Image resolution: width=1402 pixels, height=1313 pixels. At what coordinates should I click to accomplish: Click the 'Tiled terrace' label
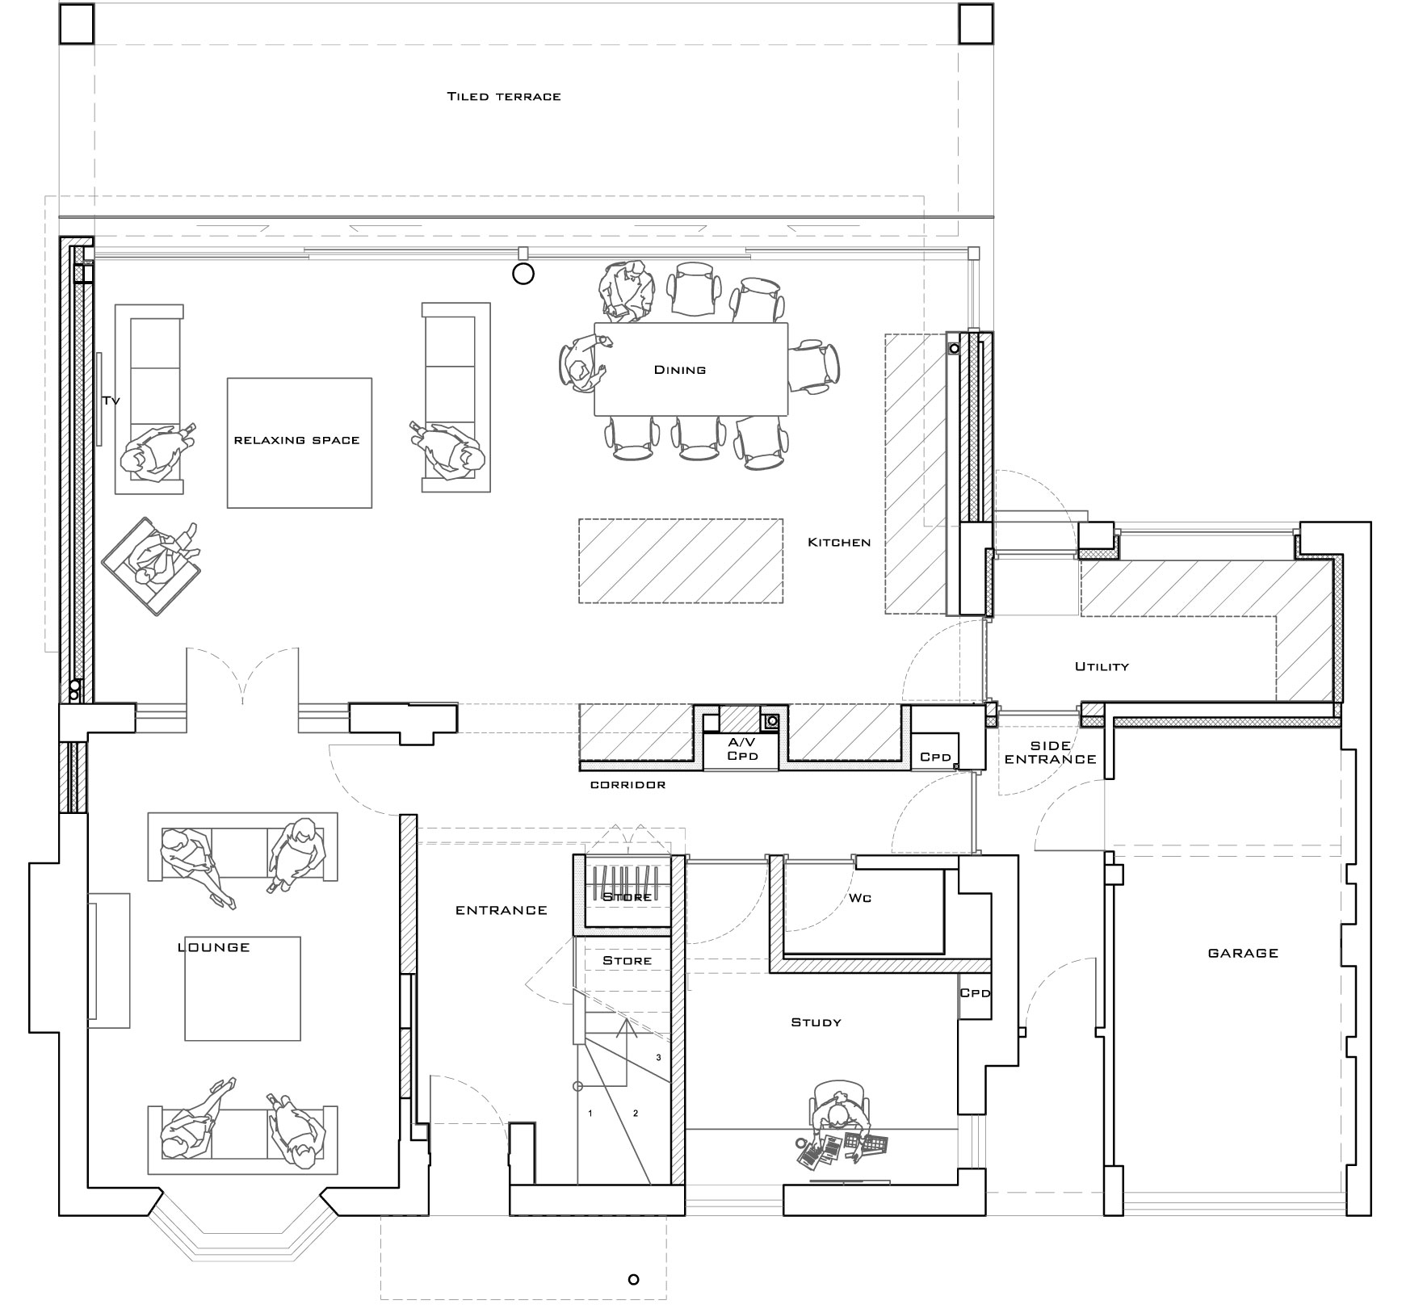pyautogui.click(x=504, y=97)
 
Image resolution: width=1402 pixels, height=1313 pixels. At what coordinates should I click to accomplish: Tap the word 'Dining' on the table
pyautogui.click(x=680, y=370)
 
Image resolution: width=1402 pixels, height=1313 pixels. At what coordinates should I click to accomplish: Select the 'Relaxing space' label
pyautogui.click(x=296, y=440)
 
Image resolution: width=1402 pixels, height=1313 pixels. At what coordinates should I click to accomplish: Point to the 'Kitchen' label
pyautogui.click(x=839, y=543)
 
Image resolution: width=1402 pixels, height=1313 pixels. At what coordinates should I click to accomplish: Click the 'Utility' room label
pyautogui.click(x=1102, y=667)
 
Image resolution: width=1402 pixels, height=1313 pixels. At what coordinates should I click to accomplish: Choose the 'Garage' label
pyautogui.click(x=1243, y=953)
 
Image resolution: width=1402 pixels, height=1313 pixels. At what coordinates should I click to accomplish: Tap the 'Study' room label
pyautogui.click(x=816, y=1022)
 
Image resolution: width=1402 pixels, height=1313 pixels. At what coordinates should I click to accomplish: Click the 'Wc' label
pyautogui.click(x=861, y=898)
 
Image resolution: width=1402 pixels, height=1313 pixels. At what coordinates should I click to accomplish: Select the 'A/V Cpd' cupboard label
pyautogui.click(x=742, y=749)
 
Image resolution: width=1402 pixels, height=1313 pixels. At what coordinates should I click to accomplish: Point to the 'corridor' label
pyautogui.click(x=628, y=785)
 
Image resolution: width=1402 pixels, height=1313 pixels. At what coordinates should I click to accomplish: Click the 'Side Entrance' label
pyautogui.click(x=1051, y=753)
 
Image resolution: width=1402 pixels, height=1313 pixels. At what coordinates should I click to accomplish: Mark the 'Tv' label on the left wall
pyautogui.click(x=111, y=401)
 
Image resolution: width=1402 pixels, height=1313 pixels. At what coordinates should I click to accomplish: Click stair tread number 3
pyautogui.click(x=658, y=1057)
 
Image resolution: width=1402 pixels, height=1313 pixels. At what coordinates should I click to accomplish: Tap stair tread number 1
pyautogui.click(x=590, y=1114)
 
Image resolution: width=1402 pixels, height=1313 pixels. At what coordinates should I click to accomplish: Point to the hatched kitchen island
pyautogui.click(x=681, y=560)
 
